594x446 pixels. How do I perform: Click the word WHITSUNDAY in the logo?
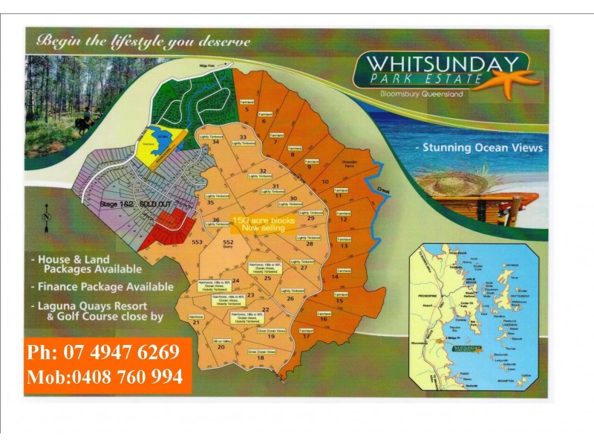tap(441, 63)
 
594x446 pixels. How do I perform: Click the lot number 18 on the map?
tap(260, 358)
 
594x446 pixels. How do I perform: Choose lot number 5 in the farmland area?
tap(246, 109)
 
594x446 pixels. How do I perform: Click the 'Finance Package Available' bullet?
tap(106, 286)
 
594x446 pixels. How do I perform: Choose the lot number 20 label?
tap(221, 346)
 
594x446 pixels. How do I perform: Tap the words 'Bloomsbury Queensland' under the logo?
tap(421, 94)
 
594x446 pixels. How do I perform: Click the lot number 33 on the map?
tap(242, 138)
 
